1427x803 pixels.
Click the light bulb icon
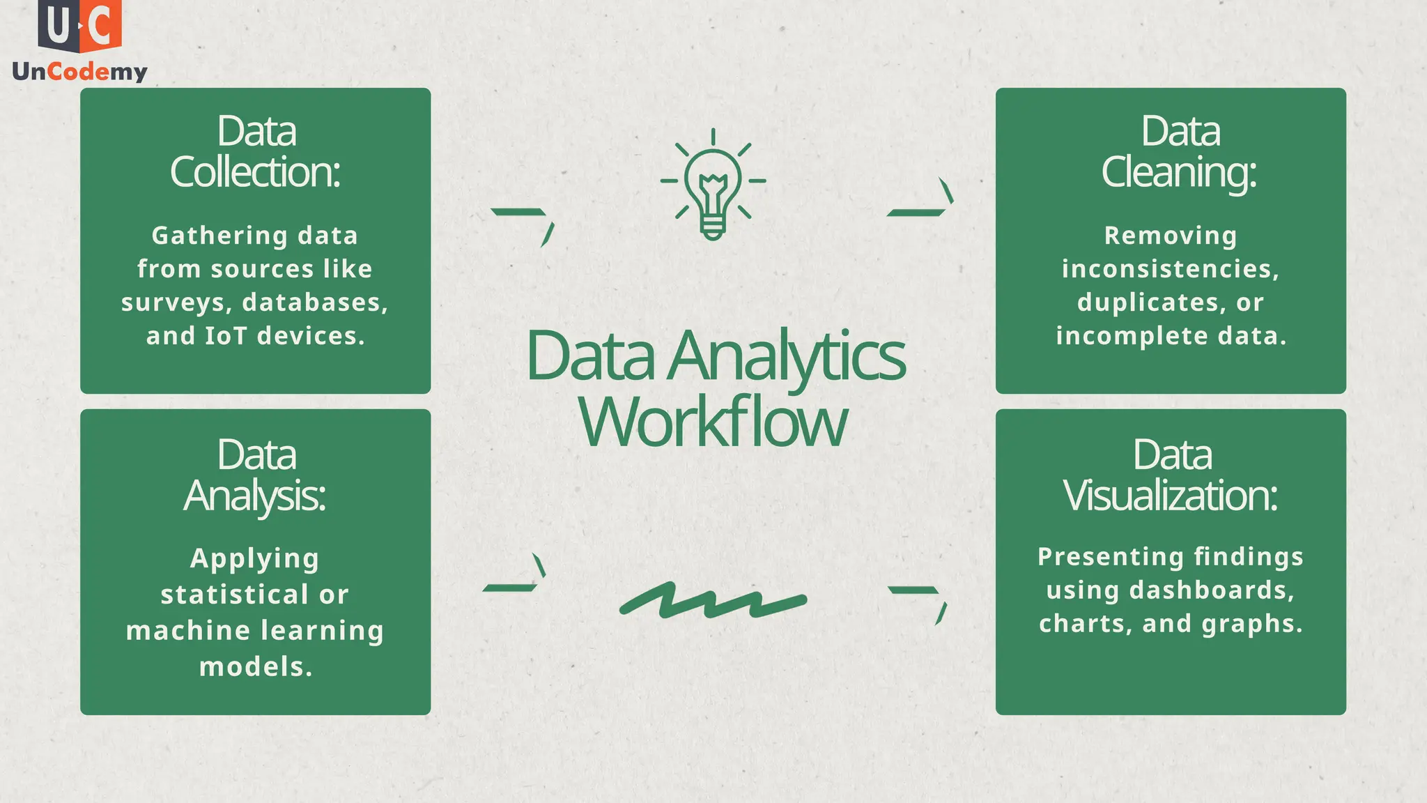[713, 185]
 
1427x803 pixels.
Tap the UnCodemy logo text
[79, 72]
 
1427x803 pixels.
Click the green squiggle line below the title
[712, 601]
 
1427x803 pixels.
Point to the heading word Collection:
[255, 172]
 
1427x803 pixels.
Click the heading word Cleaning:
[1178, 172]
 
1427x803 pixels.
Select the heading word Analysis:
[255, 496]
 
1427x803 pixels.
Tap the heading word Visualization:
[1170, 496]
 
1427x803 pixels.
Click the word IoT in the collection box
[226, 336]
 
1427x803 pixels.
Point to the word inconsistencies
[1170, 269]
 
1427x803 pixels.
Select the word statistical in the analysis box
[235, 595]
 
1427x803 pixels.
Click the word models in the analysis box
[256, 667]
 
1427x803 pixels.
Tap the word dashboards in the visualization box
[1212, 590]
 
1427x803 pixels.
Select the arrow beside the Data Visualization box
[918, 599]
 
